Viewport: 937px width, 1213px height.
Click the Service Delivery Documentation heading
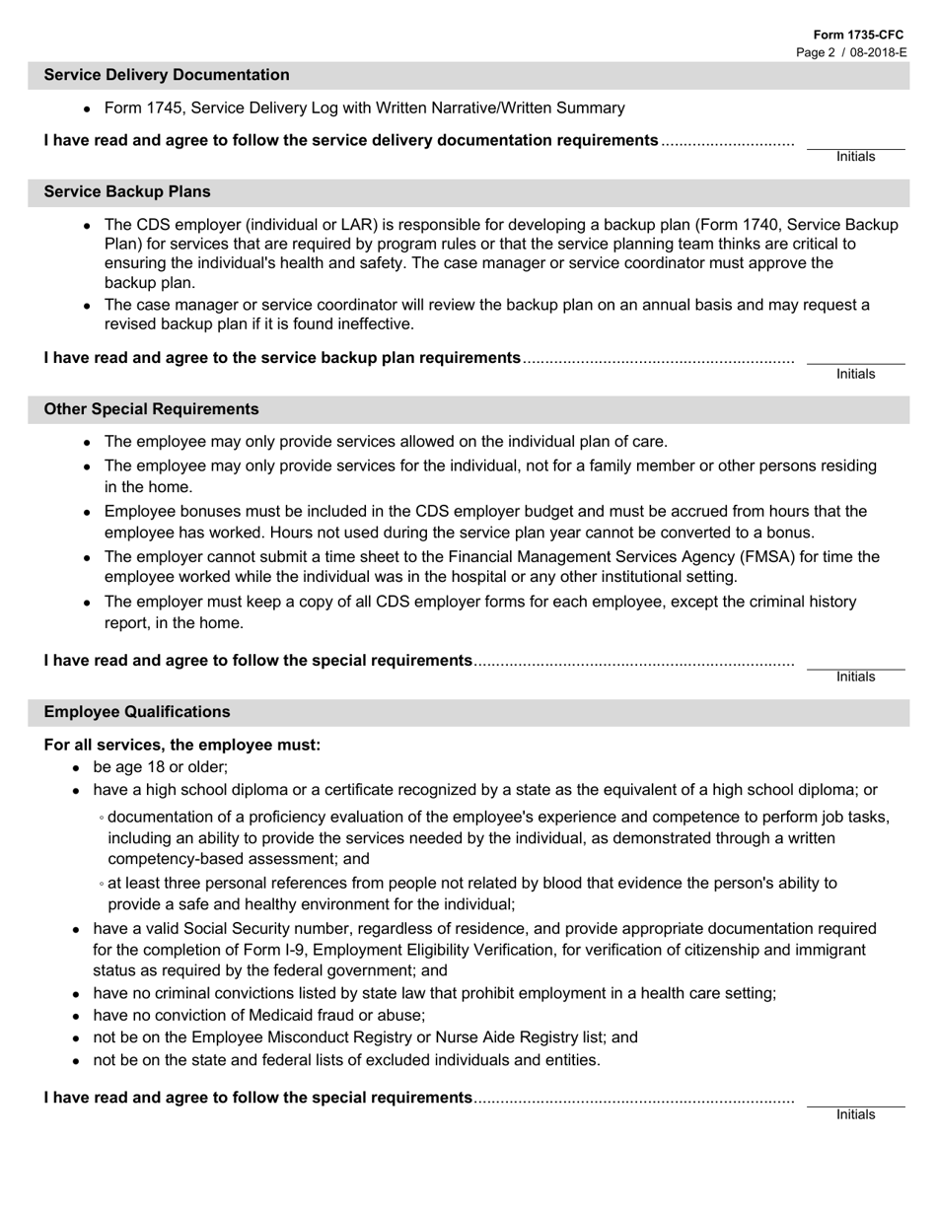point(167,75)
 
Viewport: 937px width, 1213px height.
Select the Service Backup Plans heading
point(127,191)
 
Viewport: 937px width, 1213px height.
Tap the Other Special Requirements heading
point(152,409)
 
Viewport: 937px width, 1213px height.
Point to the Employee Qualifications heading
point(137,712)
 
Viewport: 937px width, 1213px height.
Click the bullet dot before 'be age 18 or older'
point(77,767)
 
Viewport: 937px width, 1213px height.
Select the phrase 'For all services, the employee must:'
point(182,745)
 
